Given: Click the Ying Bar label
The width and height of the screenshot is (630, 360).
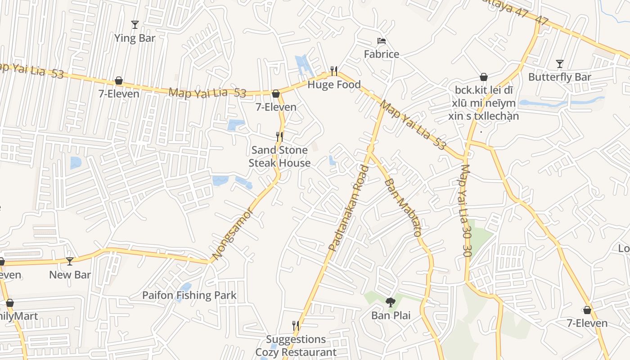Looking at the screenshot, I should (135, 38).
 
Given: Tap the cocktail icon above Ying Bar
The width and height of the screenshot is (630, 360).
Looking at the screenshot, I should (135, 24).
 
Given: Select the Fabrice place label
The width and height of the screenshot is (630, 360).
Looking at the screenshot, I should (381, 54).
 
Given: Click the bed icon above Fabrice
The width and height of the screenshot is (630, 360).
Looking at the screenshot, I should (382, 41).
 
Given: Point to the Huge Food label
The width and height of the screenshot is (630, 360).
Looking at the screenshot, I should (334, 85).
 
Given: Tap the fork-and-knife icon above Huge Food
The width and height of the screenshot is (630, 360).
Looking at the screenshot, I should (333, 71).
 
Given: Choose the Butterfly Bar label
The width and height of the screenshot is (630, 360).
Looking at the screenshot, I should (559, 77).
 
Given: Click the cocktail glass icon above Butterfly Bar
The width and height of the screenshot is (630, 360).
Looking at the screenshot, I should (559, 64).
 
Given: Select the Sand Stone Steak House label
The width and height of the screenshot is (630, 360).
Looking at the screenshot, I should (279, 156).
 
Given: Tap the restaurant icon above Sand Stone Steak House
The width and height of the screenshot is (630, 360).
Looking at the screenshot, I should (279, 136).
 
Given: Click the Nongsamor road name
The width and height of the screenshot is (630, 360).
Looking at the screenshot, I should (233, 234).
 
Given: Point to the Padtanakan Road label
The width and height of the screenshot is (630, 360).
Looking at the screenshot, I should (348, 208).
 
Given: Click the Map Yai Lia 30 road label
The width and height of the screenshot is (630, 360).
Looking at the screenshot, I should (466, 211).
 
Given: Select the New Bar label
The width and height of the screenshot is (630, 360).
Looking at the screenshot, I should (70, 275).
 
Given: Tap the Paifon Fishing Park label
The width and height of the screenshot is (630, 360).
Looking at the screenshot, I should (189, 295).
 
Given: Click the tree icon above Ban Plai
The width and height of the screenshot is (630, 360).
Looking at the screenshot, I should (390, 302).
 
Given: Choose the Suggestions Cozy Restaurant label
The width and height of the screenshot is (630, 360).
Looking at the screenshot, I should (296, 346).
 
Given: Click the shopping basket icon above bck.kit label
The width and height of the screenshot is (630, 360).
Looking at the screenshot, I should (483, 77).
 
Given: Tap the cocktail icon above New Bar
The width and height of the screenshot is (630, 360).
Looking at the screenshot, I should (69, 261).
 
